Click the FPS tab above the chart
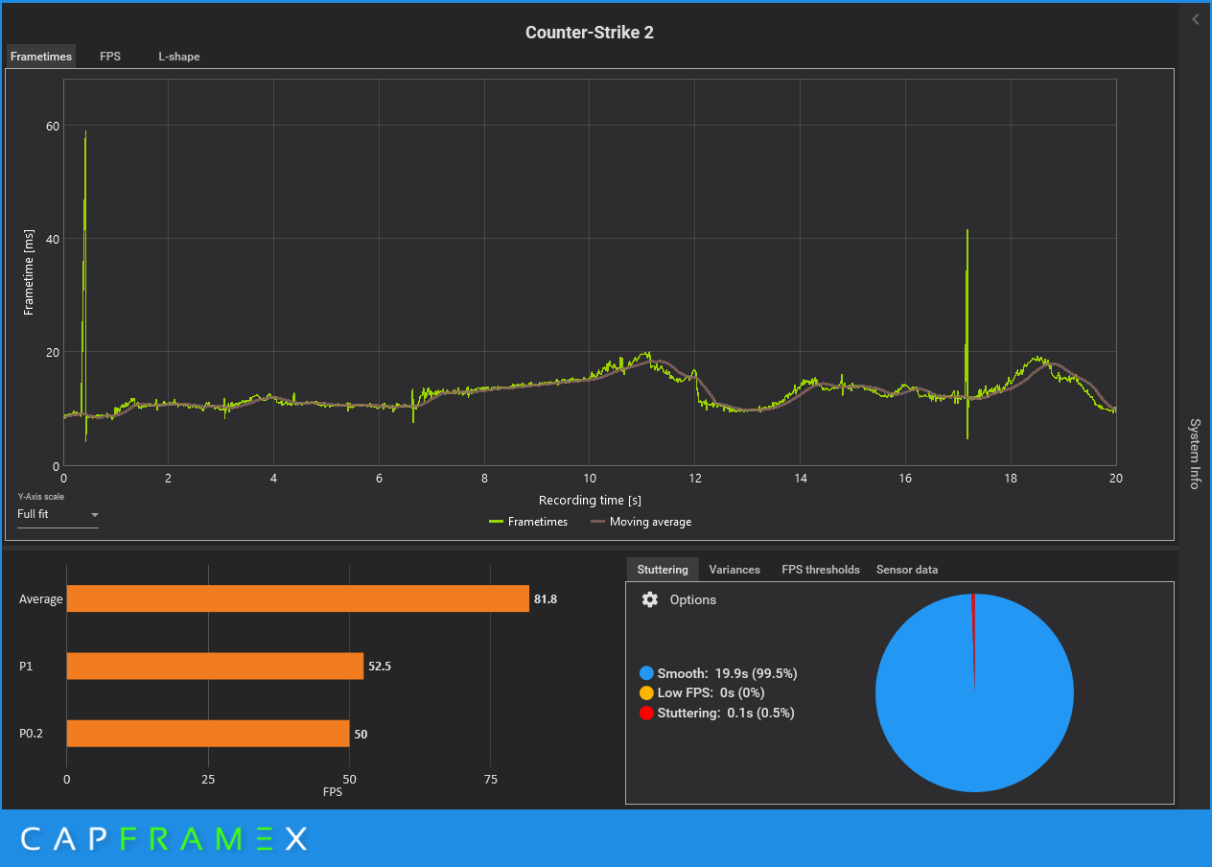click(110, 57)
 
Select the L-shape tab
click(179, 57)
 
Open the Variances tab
click(734, 570)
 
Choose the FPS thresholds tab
click(821, 570)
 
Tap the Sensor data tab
click(907, 570)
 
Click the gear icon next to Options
click(650, 599)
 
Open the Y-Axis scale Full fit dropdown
click(58, 515)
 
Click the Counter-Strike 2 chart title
click(590, 33)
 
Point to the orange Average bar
click(297, 598)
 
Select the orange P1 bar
click(215, 666)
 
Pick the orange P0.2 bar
click(208, 734)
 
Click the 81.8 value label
click(546, 599)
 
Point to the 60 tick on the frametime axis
click(52, 126)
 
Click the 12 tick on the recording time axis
click(695, 478)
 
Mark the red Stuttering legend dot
click(646, 713)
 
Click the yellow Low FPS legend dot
click(646, 692)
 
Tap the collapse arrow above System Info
click(1196, 19)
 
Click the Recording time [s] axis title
click(590, 501)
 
